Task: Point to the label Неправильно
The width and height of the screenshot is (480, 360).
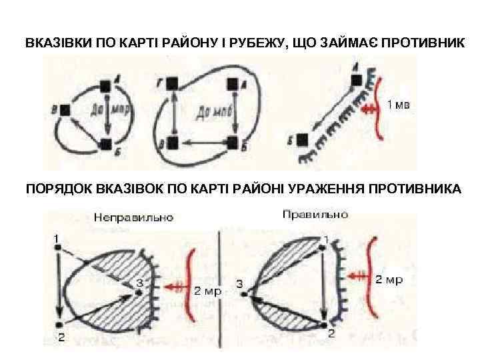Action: click(133, 217)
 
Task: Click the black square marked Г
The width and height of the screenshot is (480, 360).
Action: click(172, 83)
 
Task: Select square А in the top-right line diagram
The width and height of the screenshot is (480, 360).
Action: click(357, 80)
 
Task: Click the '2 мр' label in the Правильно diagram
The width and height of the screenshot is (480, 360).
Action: click(388, 279)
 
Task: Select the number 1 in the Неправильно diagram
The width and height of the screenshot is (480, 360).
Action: click(58, 237)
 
